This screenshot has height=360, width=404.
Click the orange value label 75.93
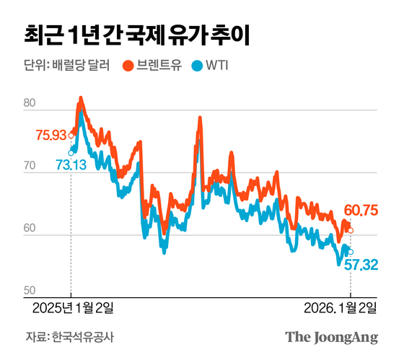[50, 134]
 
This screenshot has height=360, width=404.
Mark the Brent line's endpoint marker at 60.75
[351, 231]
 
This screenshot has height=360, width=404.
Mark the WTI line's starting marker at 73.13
[71, 152]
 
